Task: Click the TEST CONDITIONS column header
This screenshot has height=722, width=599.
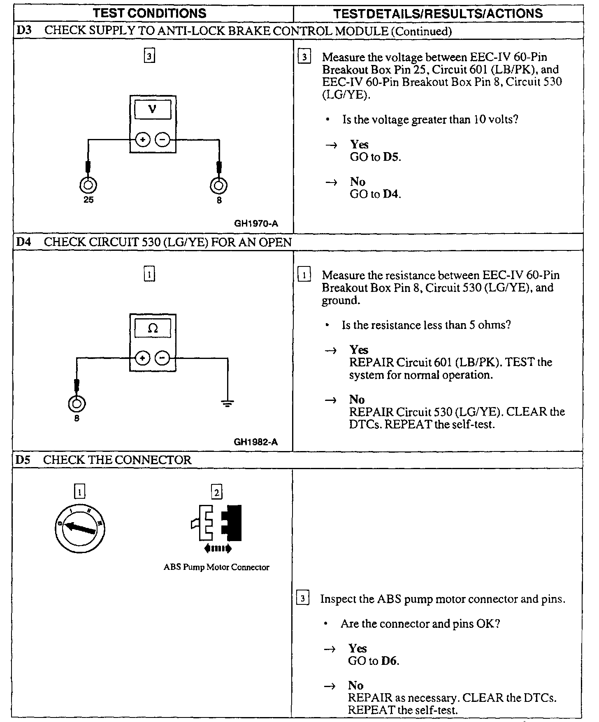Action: click(x=150, y=14)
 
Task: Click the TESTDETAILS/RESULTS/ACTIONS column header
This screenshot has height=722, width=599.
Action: click(x=438, y=14)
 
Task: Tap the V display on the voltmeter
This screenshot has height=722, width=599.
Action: click(x=153, y=110)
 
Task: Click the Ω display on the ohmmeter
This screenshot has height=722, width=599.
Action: click(x=153, y=328)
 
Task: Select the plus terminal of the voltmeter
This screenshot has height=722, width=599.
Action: click(x=142, y=140)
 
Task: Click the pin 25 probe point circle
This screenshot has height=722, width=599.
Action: click(x=88, y=185)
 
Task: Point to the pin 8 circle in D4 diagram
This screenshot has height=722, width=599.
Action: click(x=77, y=404)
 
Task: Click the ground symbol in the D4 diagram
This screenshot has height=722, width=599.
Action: click(x=228, y=403)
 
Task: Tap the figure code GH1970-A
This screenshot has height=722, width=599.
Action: click(x=256, y=224)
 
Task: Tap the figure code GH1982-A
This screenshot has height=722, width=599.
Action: click(x=256, y=442)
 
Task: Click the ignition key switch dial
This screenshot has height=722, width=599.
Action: click(x=79, y=528)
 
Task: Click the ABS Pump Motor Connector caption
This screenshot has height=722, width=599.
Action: click(x=216, y=567)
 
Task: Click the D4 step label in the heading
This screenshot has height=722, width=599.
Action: click(x=23, y=242)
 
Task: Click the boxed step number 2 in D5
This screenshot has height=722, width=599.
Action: click(x=216, y=492)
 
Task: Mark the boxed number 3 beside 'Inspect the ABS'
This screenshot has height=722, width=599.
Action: click(x=302, y=599)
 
